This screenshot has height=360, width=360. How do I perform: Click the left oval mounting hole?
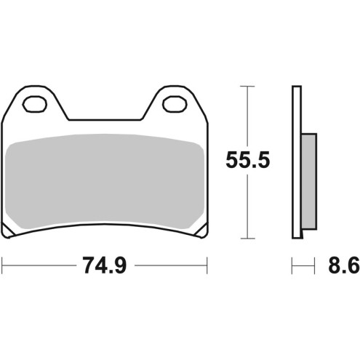(33, 104)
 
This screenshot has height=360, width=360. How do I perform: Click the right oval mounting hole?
(173, 104)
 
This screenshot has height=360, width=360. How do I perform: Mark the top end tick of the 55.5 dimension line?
(249, 87)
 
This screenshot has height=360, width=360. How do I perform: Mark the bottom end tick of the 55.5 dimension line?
(249, 238)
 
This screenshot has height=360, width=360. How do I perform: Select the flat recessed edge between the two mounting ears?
(103, 119)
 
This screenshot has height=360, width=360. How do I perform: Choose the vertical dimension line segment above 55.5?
(249, 116)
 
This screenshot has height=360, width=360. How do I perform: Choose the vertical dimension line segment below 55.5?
(249, 207)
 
